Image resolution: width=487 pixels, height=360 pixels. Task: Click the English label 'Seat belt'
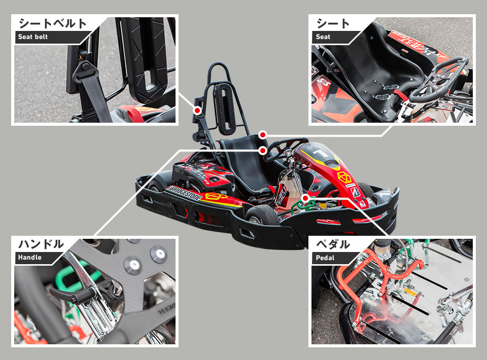point(32,37)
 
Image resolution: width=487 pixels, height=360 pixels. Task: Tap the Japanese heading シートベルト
point(52,24)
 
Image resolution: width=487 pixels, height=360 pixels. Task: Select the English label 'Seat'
point(323,37)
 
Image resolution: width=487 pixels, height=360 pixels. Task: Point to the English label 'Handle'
point(30,257)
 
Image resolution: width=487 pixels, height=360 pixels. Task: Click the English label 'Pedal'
point(325,258)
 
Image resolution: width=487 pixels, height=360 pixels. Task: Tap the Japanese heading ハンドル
point(41,244)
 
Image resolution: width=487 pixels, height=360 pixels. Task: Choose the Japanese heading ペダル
point(333,244)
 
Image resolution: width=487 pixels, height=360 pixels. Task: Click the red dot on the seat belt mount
point(197,110)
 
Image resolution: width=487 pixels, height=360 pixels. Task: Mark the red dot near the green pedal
point(305,198)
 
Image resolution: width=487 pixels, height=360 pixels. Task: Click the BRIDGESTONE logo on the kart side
point(184,193)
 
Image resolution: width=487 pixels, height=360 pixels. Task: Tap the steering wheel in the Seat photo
point(438,79)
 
